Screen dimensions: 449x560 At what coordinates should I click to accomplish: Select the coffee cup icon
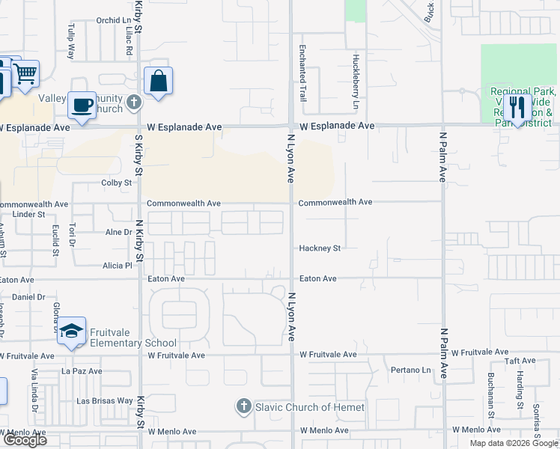point(82,105)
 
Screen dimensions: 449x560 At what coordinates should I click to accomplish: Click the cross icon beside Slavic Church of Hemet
point(243,407)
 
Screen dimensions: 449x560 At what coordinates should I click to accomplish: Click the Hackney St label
point(320,248)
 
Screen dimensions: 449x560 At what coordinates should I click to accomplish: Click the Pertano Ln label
point(411,370)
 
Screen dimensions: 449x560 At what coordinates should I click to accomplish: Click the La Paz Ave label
point(76,370)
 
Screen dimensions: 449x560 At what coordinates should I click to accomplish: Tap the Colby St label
point(116,183)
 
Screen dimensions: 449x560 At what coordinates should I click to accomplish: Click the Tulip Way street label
point(72,46)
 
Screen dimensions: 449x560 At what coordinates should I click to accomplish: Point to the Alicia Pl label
point(117,265)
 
